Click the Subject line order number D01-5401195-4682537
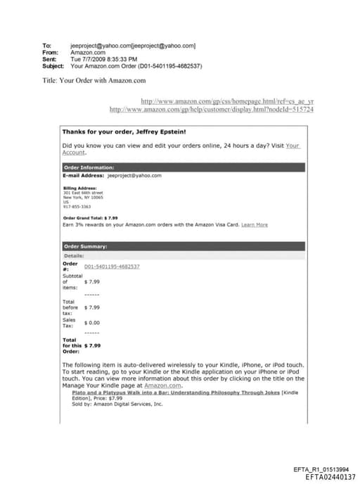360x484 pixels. [166, 66]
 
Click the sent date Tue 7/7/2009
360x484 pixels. [88, 59]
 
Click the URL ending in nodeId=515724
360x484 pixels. [212, 110]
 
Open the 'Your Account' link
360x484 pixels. [292, 146]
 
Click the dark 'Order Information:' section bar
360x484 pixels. [183, 167]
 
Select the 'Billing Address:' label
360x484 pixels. [78, 188]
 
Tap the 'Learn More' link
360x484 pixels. [254, 224]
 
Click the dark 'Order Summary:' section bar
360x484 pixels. [183, 246]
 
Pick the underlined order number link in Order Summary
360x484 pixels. [112, 267]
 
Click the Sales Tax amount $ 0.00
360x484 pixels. [92, 322]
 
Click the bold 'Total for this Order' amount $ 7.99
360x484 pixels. [92, 345]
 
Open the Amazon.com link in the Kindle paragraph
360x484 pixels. [163, 386]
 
